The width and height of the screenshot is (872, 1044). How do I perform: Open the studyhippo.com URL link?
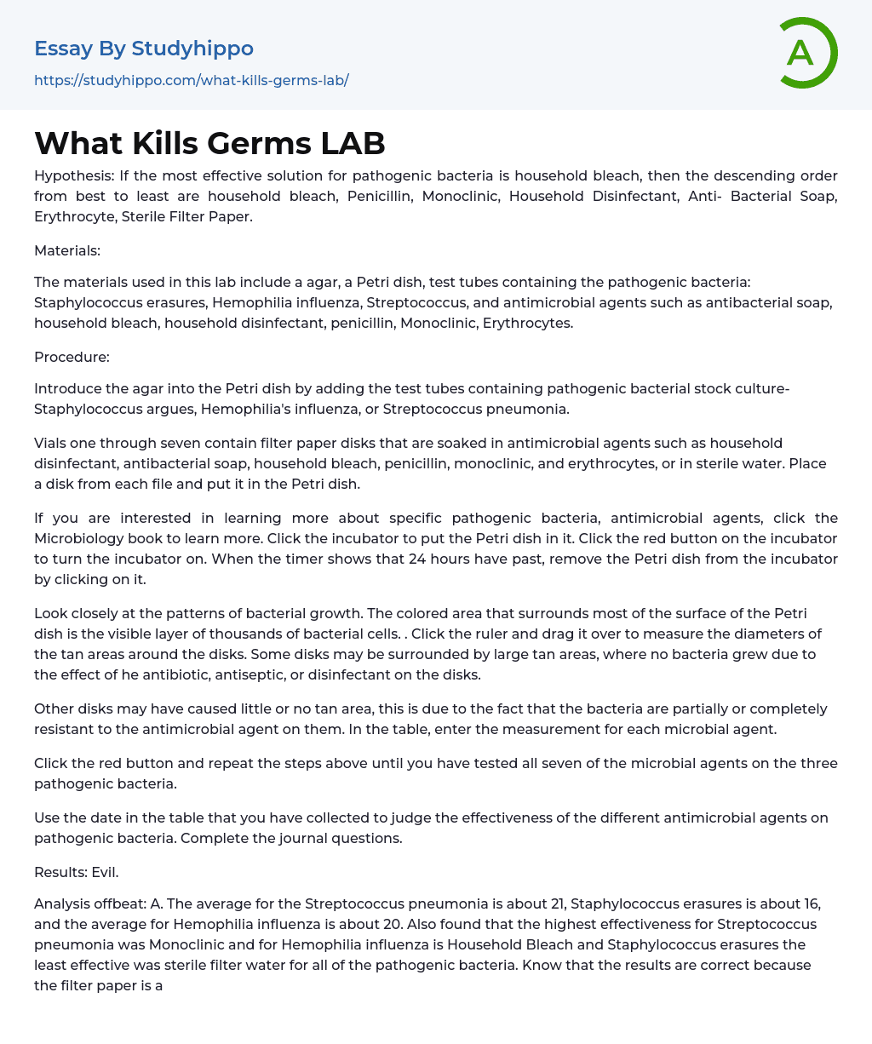[x=192, y=80]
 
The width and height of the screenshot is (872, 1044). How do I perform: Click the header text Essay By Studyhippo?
[x=144, y=49]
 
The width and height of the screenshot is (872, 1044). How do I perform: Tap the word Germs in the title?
[x=267, y=143]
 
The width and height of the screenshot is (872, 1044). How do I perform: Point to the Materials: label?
[x=67, y=250]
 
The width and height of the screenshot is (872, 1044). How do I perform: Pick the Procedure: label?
[x=72, y=357]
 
